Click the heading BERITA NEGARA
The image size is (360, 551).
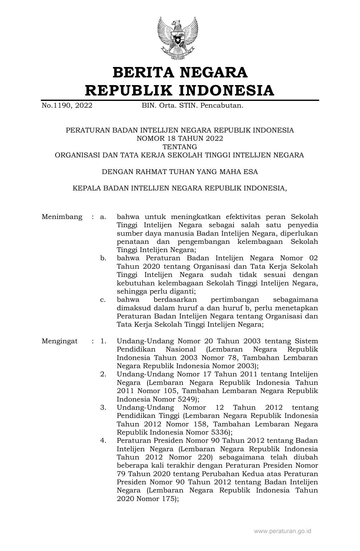click(180, 72)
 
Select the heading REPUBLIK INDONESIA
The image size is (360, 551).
click(180, 90)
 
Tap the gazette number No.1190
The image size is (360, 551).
click(57, 106)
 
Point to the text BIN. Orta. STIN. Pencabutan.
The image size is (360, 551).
click(192, 106)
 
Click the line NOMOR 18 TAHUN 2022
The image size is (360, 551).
click(180, 138)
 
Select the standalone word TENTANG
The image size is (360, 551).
click(180, 147)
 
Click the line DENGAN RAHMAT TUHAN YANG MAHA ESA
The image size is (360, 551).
click(180, 172)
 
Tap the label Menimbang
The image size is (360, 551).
click(62, 217)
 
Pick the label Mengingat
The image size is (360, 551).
click(60, 341)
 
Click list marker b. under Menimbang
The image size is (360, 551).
click(103, 258)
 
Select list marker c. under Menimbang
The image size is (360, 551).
click(103, 300)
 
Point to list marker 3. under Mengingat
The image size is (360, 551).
click(103, 407)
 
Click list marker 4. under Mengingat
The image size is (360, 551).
click(103, 441)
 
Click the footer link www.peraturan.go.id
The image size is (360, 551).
click(283, 531)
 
